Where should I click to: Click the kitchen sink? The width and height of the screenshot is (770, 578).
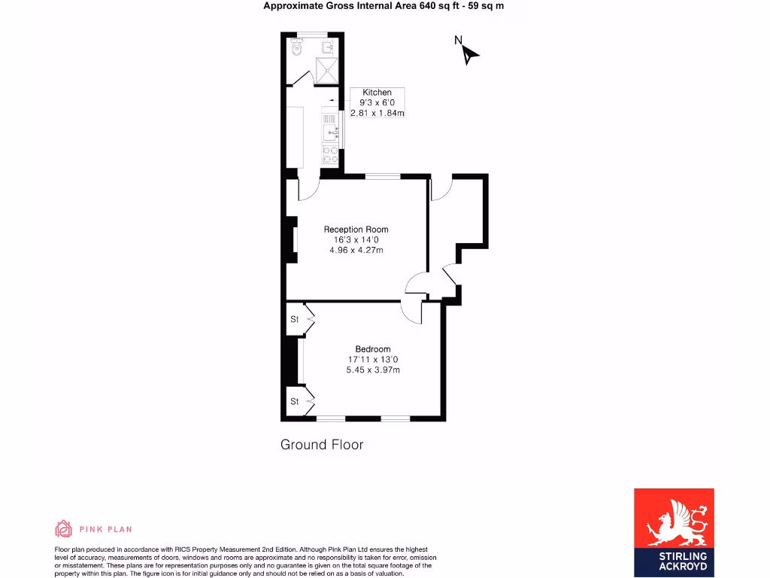(x=329, y=133)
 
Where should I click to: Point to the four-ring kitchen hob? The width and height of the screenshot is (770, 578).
(x=329, y=155)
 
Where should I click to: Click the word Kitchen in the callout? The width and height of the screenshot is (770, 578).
(x=377, y=93)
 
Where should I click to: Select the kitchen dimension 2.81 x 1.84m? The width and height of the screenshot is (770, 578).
(x=377, y=114)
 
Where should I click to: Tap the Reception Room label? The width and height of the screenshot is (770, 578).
(x=356, y=230)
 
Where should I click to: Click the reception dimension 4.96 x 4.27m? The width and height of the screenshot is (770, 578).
(x=356, y=250)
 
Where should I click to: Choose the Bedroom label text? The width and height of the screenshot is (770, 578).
(x=373, y=349)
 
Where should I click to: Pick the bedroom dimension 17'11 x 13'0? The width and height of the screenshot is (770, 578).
(x=373, y=360)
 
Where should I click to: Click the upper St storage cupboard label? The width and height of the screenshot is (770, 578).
(x=294, y=319)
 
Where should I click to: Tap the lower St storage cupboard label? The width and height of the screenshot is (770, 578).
(x=294, y=402)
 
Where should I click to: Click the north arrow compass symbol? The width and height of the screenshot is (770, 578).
(x=469, y=53)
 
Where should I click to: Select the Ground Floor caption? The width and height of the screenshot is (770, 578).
(x=322, y=445)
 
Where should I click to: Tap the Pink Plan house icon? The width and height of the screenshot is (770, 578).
(x=64, y=528)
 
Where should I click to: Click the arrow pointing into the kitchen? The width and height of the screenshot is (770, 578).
(x=331, y=99)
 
